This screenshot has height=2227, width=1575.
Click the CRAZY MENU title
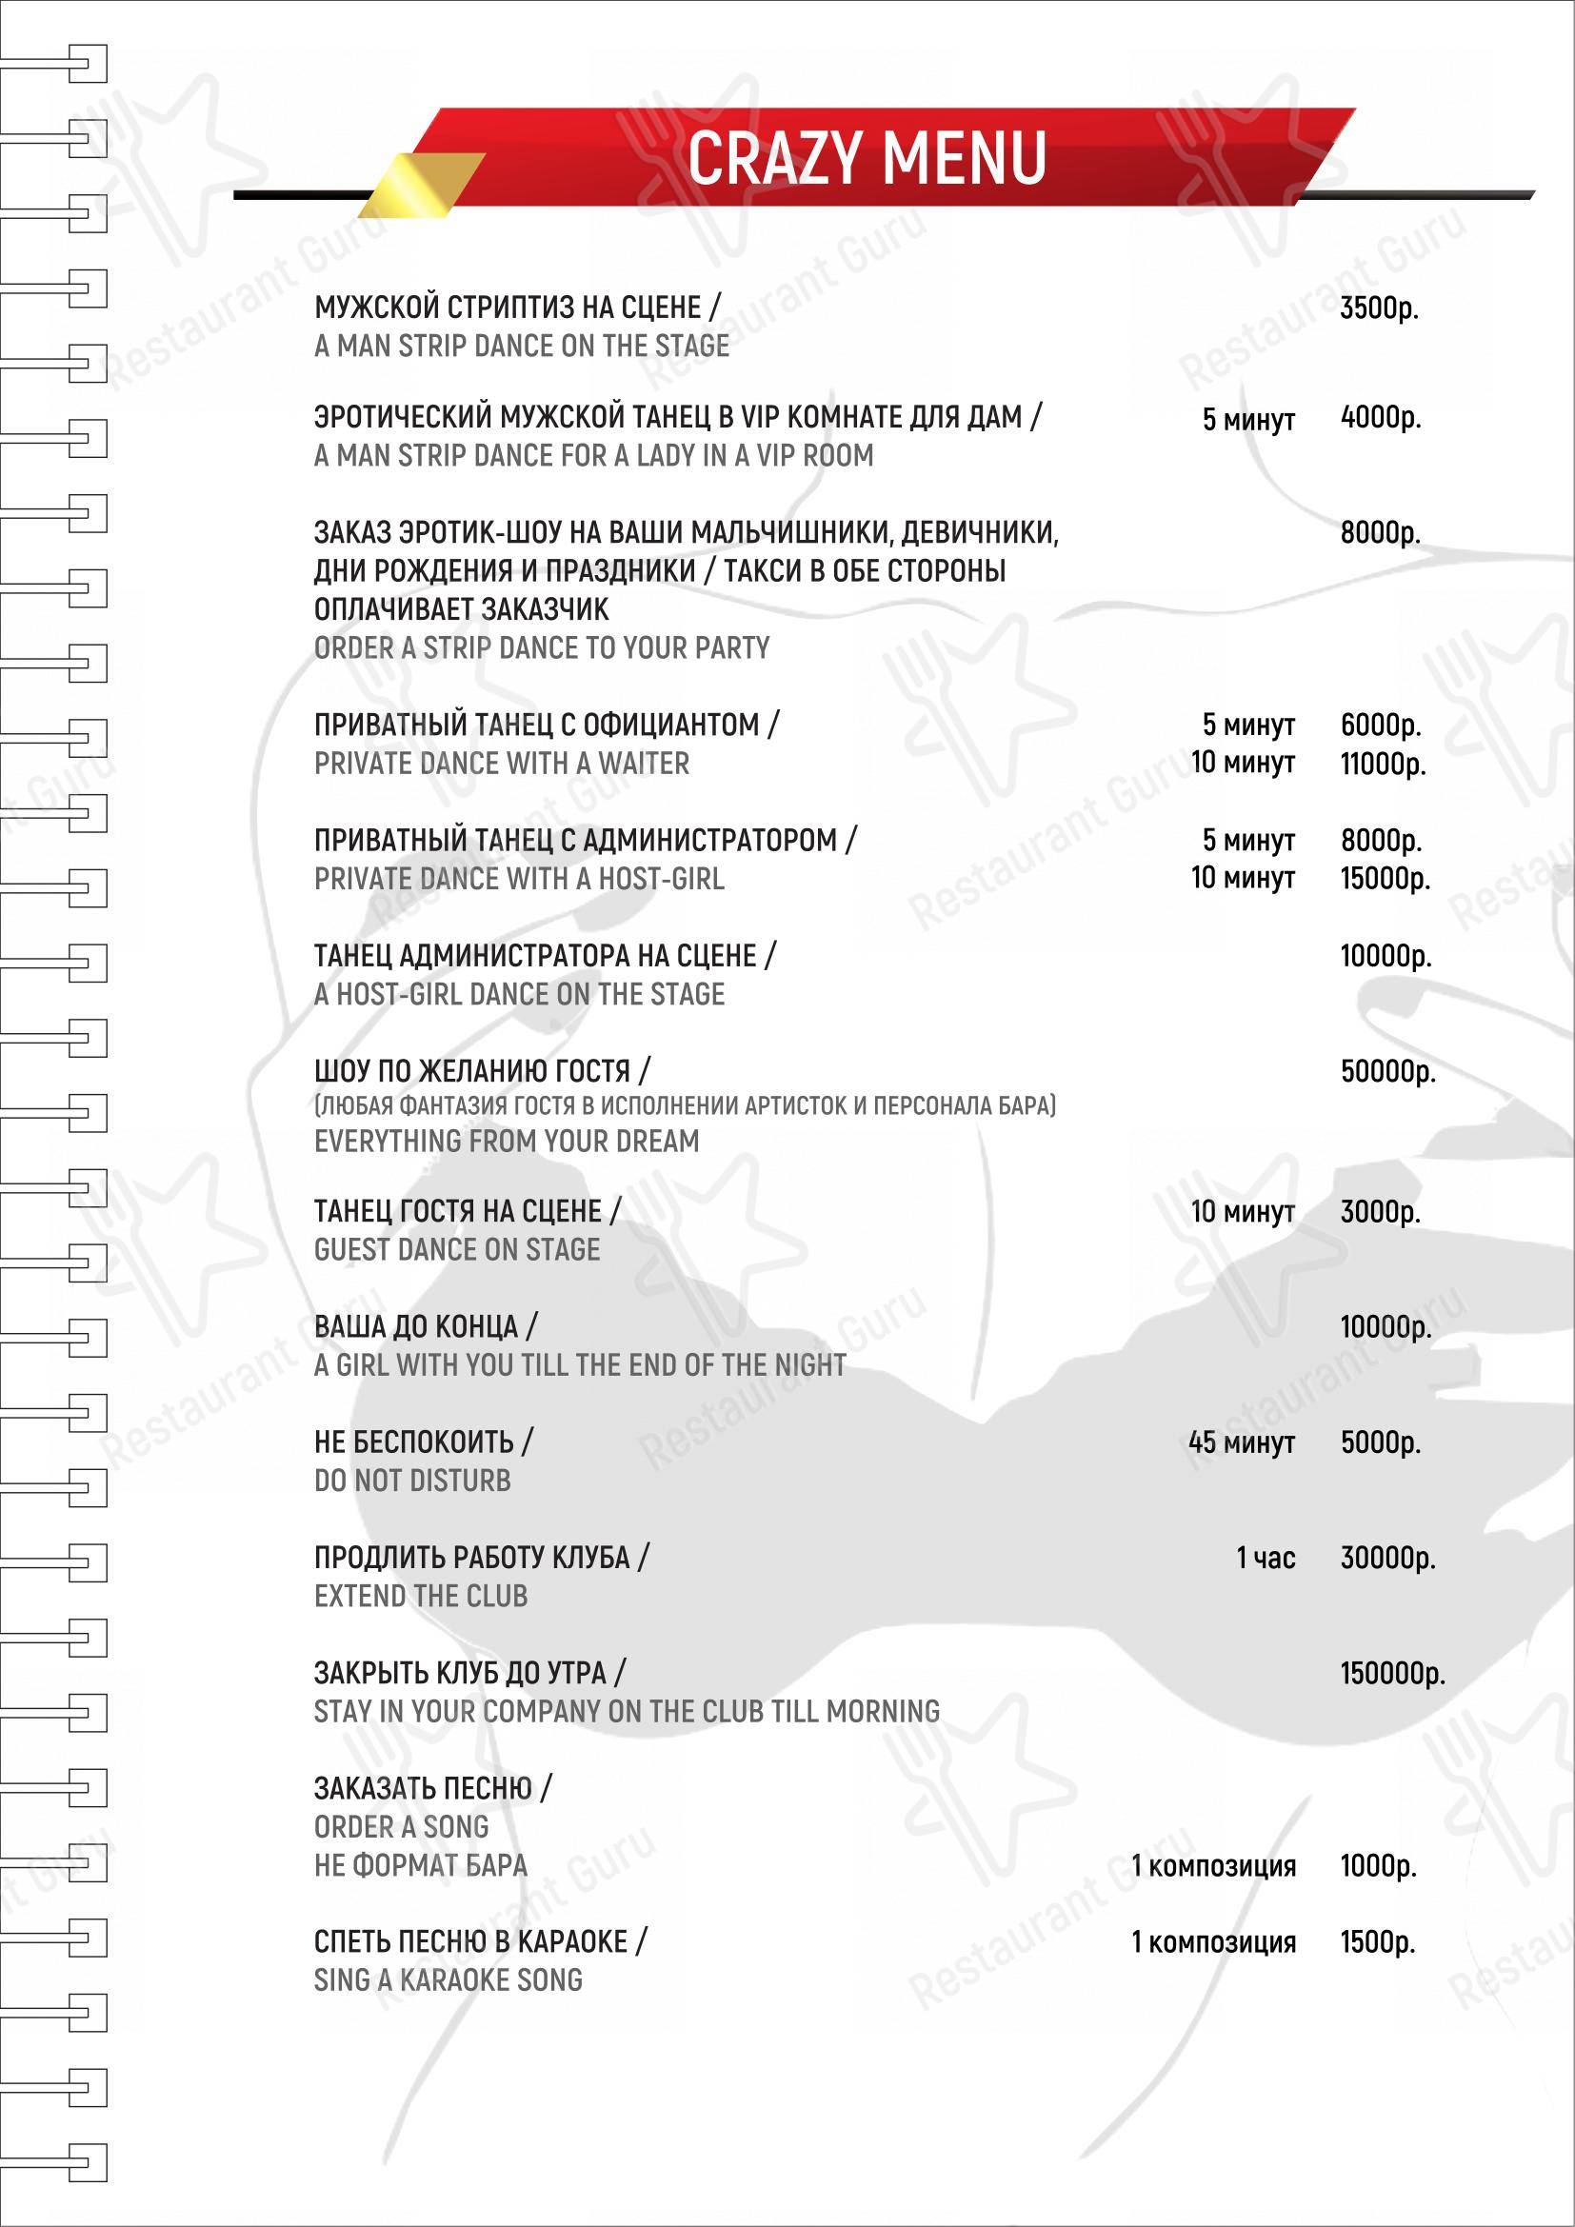pos(867,158)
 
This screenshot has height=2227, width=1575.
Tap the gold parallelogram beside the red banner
pos(422,185)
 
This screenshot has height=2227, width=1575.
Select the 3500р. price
pos(1378,308)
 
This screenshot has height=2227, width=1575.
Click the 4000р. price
pos(1380,418)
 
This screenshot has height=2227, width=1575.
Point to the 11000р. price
pos(1382,765)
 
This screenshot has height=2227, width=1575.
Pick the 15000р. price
pos(1385,879)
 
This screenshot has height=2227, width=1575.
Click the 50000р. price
pos(1386,1072)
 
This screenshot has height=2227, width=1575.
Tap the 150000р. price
pos(1392,1673)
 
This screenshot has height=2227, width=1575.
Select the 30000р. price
pos(1386,1559)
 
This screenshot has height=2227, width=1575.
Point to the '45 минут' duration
pos(1242,1443)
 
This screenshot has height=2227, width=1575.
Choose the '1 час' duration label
pos(1265,1559)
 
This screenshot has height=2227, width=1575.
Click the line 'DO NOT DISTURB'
pos(412,1481)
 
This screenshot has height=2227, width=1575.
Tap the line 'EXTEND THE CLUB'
pos(421,1597)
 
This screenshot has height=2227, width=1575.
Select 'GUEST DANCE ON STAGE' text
pos(457,1250)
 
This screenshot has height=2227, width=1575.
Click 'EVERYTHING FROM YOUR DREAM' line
pos(507,1142)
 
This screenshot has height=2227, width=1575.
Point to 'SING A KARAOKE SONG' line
pos(449,1980)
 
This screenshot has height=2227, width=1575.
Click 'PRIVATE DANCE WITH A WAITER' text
pos(502,765)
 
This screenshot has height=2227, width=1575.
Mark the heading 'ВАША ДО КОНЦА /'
pos(425,1327)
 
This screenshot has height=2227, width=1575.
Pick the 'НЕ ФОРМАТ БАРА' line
pos(421,1865)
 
